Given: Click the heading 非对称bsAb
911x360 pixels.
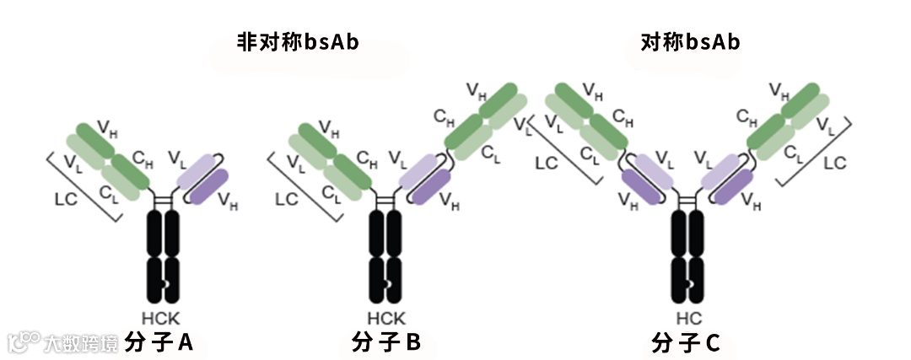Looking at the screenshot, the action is (x=298, y=43).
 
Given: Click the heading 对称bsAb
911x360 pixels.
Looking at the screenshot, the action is (x=692, y=43).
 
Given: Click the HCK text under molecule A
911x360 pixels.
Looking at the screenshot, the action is (x=160, y=319).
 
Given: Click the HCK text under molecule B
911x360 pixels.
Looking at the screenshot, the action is (x=386, y=319).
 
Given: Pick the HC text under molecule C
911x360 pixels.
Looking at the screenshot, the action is (x=688, y=319).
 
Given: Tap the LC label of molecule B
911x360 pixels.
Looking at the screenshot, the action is (x=288, y=199).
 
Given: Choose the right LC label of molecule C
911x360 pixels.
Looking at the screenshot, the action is (x=834, y=163).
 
